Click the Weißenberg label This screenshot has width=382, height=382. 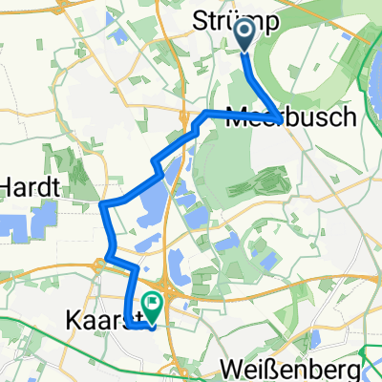point(305,369)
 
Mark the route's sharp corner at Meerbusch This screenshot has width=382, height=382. point(278,119)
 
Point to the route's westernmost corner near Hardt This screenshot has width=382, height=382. point(102,204)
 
